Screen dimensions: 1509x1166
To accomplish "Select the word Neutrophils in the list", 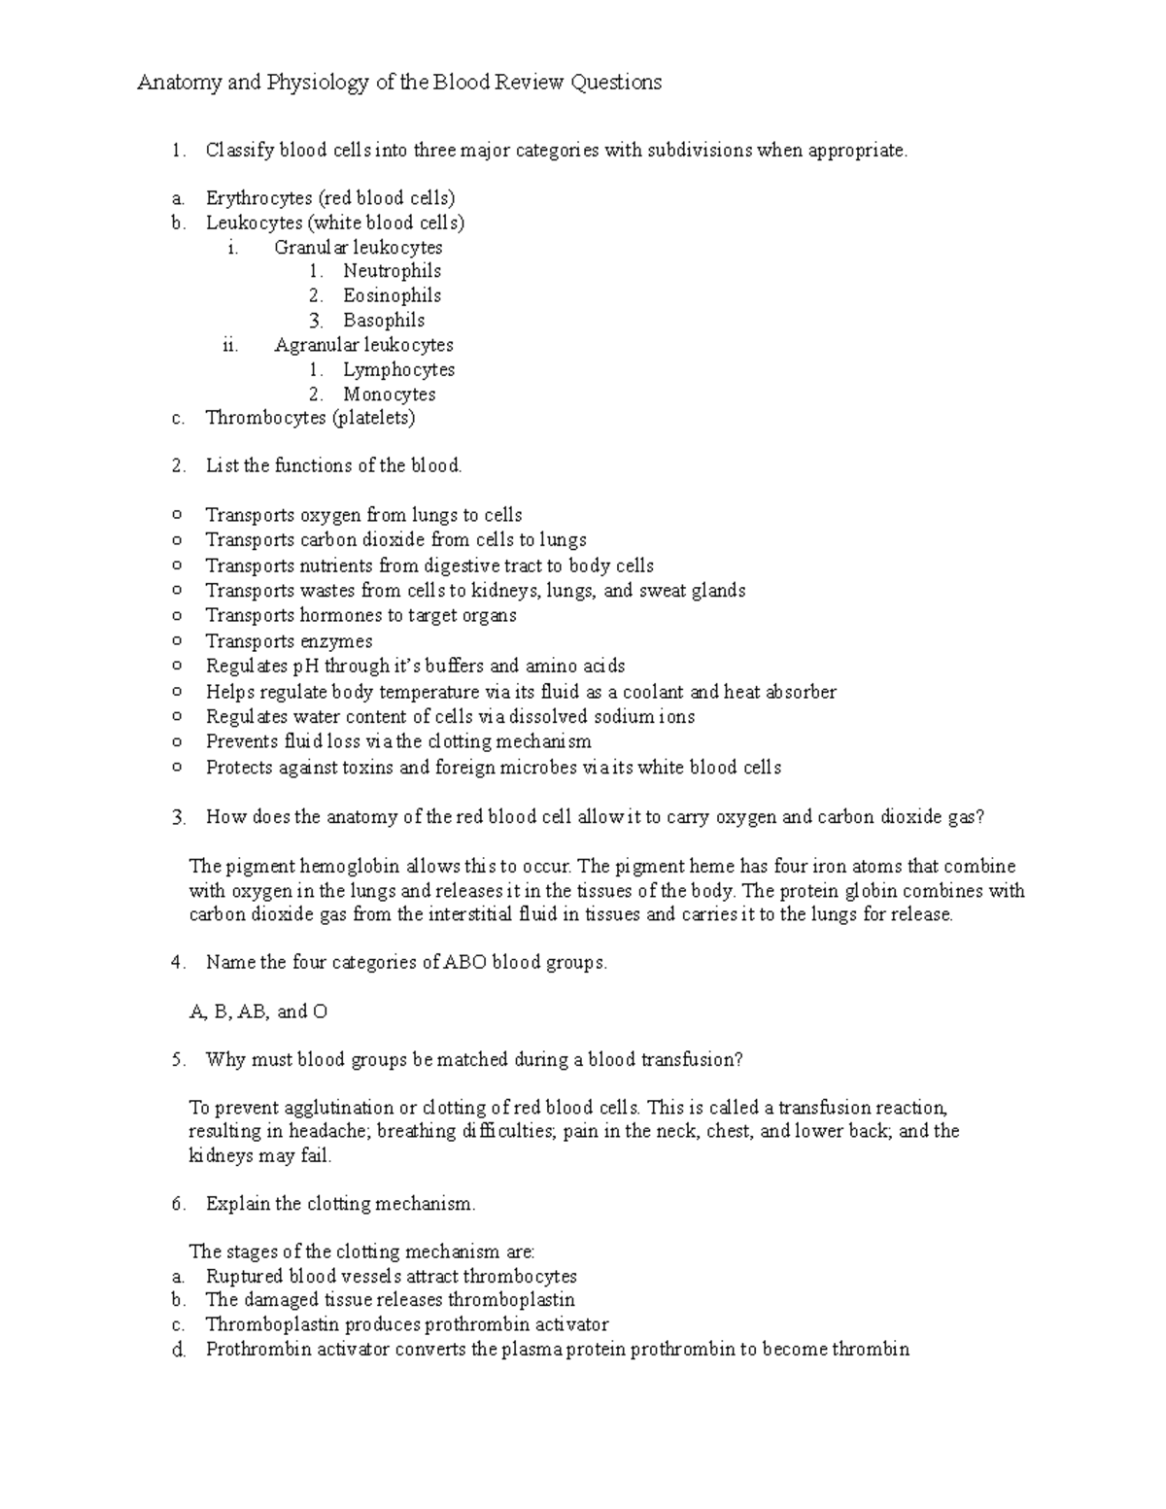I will (392, 271).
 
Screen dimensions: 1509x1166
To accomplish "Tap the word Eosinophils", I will (392, 295).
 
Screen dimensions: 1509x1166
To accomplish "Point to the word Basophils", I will (383, 320).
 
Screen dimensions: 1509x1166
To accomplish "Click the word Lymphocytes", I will (398, 369).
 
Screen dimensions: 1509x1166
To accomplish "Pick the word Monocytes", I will (389, 394).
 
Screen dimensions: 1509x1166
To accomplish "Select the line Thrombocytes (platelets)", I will (310, 418).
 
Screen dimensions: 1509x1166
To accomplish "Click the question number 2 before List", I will (177, 465).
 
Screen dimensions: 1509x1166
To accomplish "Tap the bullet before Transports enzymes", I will (176, 640).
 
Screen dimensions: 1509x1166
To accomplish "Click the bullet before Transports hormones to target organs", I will (176, 615).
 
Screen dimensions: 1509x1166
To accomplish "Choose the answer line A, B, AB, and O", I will (257, 1012).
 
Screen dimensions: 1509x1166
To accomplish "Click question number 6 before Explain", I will (177, 1204).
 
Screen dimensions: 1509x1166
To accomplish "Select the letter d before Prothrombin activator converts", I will (177, 1350).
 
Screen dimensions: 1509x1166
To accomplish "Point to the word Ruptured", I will (243, 1276).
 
